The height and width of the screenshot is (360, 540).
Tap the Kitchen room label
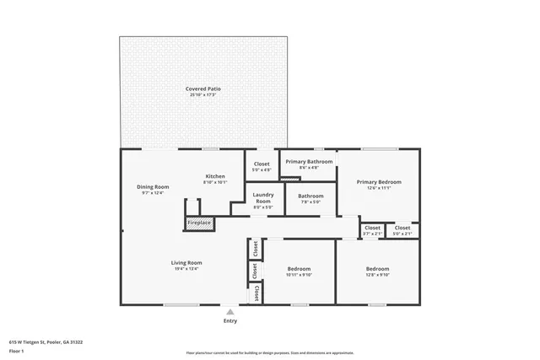click(x=215, y=176)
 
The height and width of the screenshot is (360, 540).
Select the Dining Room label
click(x=153, y=186)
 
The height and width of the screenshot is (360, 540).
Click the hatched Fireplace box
click(x=199, y=223)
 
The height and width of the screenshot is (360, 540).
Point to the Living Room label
click(x=187, y=262)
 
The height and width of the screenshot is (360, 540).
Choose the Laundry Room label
click(x=263, y=198)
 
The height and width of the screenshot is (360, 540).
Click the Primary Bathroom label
click(x=309, y=161)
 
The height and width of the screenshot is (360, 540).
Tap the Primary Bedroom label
click(x=378, y=181)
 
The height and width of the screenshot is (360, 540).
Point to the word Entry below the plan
click(x=230, y=320)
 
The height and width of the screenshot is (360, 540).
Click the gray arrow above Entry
click(x=230, y=311)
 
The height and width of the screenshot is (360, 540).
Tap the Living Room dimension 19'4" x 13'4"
click(x=187, y=268)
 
